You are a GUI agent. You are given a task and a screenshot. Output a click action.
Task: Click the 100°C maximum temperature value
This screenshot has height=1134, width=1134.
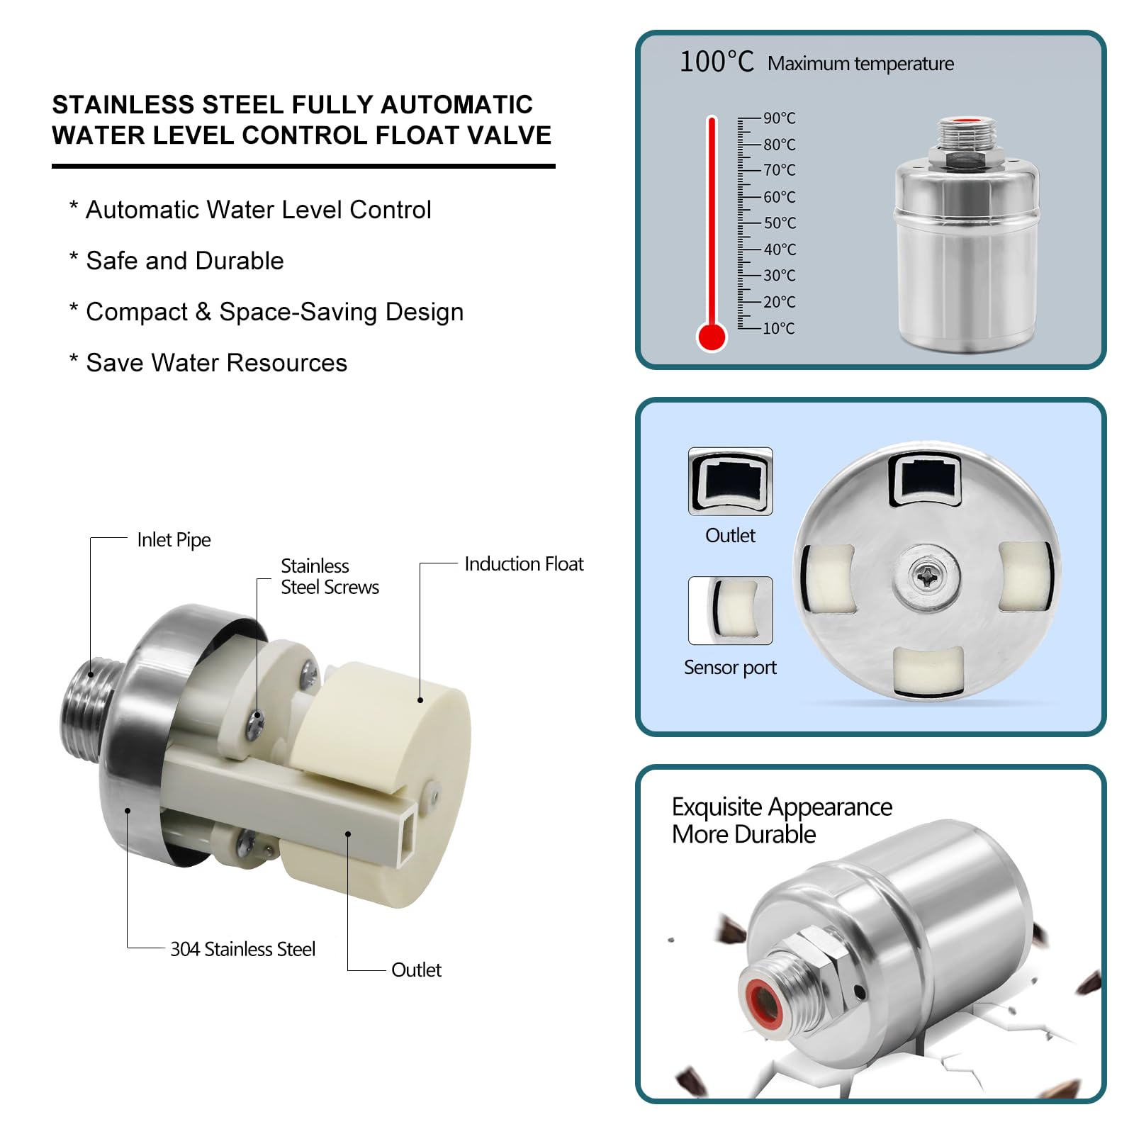[717, 62]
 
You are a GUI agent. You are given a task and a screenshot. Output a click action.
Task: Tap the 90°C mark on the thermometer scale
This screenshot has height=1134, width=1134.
[779, 118]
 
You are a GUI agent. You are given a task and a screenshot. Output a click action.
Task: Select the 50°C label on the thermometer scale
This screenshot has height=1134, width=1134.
[780, 223]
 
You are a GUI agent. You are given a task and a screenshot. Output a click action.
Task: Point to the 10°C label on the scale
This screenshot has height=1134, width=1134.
[779, 328]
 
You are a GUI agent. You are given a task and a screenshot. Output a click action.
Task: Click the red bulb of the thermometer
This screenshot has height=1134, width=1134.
[712, 337]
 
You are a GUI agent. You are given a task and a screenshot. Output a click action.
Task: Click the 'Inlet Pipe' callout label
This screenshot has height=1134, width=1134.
[174, 540]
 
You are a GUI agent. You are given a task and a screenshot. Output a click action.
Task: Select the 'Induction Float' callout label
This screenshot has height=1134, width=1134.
[524, 564]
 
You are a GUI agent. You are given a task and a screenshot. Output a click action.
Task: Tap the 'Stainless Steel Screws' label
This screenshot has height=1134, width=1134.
[330, 576]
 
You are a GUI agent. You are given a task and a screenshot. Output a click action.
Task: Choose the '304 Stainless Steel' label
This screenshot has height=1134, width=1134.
[242, 949]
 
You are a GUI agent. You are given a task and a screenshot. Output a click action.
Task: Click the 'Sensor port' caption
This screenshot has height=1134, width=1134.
[730, 668]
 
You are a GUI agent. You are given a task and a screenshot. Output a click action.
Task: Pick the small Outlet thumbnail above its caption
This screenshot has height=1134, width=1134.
[731, 481]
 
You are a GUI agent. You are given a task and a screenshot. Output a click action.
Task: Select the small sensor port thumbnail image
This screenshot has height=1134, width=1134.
[731, 610]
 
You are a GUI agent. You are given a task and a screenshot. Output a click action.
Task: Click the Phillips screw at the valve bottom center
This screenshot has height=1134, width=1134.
[926, 577]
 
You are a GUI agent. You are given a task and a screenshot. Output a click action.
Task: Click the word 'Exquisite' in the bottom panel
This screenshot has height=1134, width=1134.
[717, 807]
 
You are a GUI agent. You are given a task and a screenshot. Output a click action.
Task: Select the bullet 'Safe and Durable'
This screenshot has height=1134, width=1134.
[184, 261]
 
